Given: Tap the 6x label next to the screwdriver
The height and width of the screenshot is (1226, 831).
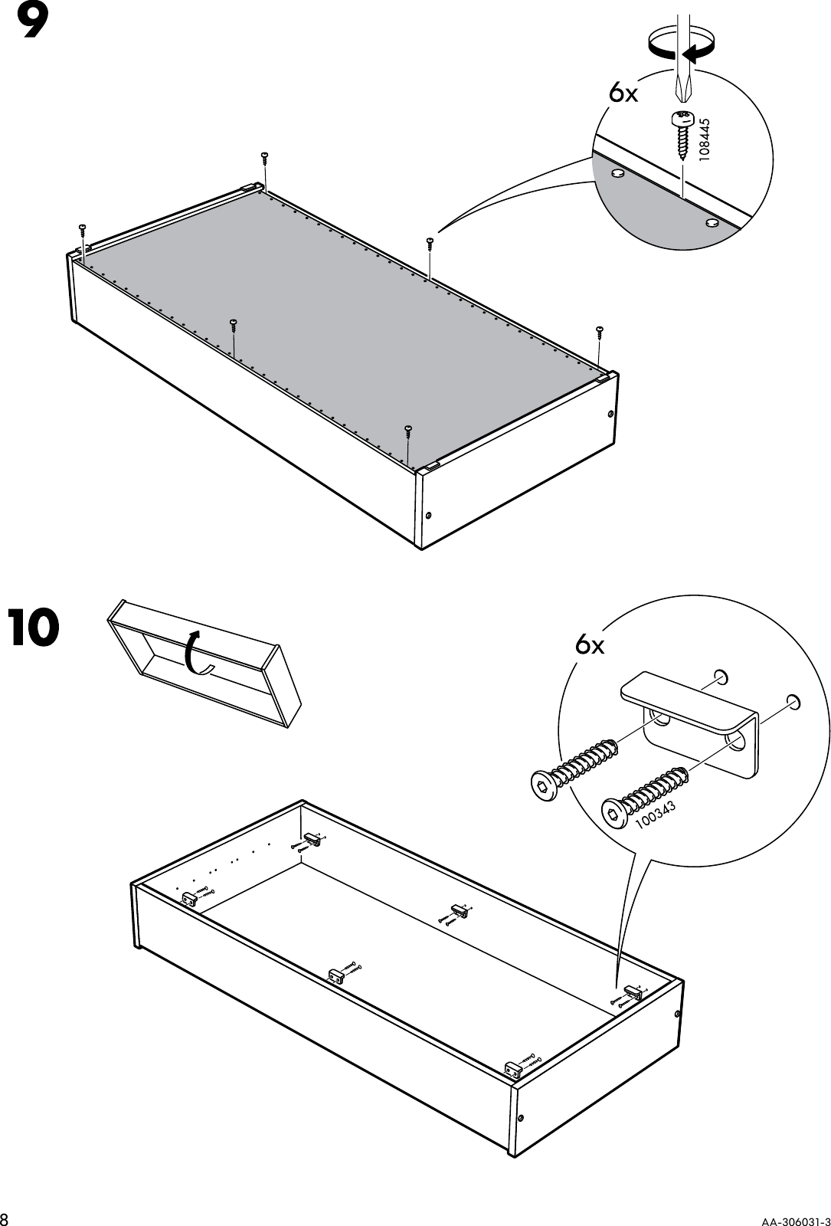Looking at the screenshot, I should pos(623,93).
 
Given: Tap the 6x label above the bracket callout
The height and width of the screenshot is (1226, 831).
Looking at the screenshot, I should pos(590,646).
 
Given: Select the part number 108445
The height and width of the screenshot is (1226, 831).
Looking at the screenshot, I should pos(705,138).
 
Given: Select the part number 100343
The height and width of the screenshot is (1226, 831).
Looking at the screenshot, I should pos(654,813).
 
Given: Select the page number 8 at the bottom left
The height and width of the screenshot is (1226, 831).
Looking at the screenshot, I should pos(6,1218).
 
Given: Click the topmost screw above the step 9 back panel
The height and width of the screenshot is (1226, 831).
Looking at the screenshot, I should pos(264,156).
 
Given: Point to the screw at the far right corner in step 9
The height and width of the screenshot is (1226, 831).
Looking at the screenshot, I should pos(600,331).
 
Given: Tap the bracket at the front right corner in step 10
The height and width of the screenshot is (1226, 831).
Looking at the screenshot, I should pos(513,1066).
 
